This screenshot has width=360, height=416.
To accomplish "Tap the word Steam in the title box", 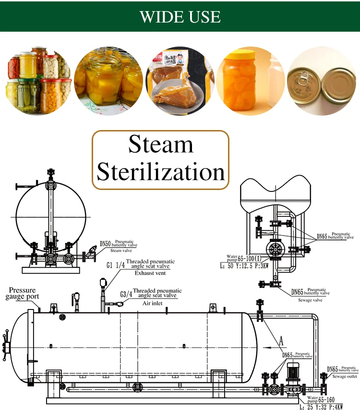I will click(161, 144).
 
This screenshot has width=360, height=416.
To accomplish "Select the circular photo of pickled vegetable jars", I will click(39, 81).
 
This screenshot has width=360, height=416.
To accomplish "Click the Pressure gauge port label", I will click(22, 294).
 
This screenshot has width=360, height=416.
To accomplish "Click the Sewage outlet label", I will click(345, 377).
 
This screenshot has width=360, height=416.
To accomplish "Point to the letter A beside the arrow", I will click(282, 342).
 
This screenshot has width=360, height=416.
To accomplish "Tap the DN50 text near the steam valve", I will click(106, 244).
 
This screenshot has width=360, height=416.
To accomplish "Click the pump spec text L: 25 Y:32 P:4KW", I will click(321, 407).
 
